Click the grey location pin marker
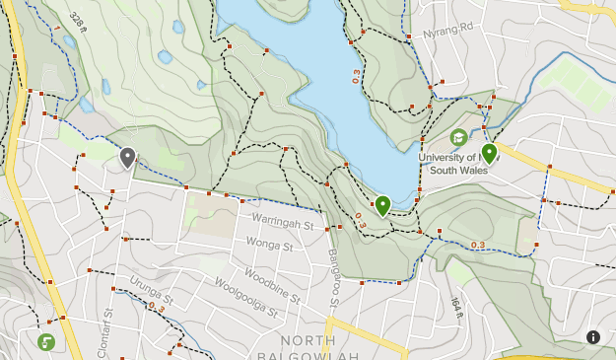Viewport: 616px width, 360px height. [127, 157]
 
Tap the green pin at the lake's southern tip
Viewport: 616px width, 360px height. [382, 205]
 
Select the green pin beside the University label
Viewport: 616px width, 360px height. [489, 153]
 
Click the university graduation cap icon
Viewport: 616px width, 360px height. [457, 137]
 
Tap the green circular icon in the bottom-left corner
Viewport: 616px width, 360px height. [46, 341]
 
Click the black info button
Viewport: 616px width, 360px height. [593, 337]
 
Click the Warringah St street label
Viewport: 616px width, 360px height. [282, 223]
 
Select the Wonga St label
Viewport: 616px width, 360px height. [269, 243]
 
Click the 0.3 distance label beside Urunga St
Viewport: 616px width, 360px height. [156, 308]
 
